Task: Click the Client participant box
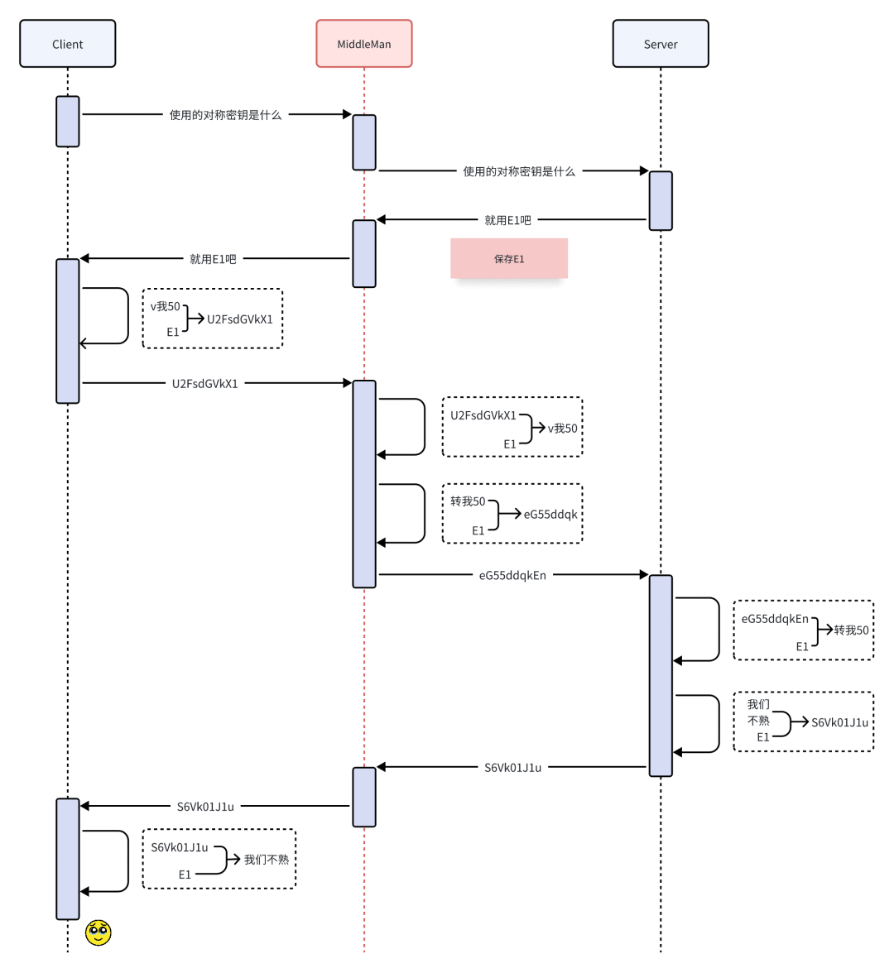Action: [68, 44]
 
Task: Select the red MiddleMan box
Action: [364, 44]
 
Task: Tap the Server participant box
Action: [661, 44]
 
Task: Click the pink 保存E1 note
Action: [509, 259]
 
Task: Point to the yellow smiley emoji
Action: [99, 932]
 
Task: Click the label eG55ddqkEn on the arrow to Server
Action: [512, 575]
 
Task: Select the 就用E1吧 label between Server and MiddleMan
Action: [507, 220]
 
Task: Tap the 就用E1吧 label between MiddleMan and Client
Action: [213, 259]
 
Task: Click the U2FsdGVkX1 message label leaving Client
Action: [205, 384]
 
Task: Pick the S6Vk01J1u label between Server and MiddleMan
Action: [512, 768]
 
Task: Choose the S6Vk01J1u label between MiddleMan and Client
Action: [205, 807]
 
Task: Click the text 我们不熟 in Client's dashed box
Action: [267, 860]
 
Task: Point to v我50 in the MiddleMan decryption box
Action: [563, 429]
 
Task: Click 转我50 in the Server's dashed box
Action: [852, 630]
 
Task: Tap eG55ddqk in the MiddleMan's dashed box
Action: [550, 515]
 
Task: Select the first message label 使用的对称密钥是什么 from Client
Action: [225, 115]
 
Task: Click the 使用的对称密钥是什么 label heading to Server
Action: [519, 171]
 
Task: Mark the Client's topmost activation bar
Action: [68, 122]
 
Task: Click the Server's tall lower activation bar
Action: [661, 675]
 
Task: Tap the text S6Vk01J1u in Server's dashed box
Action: [839, 722]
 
